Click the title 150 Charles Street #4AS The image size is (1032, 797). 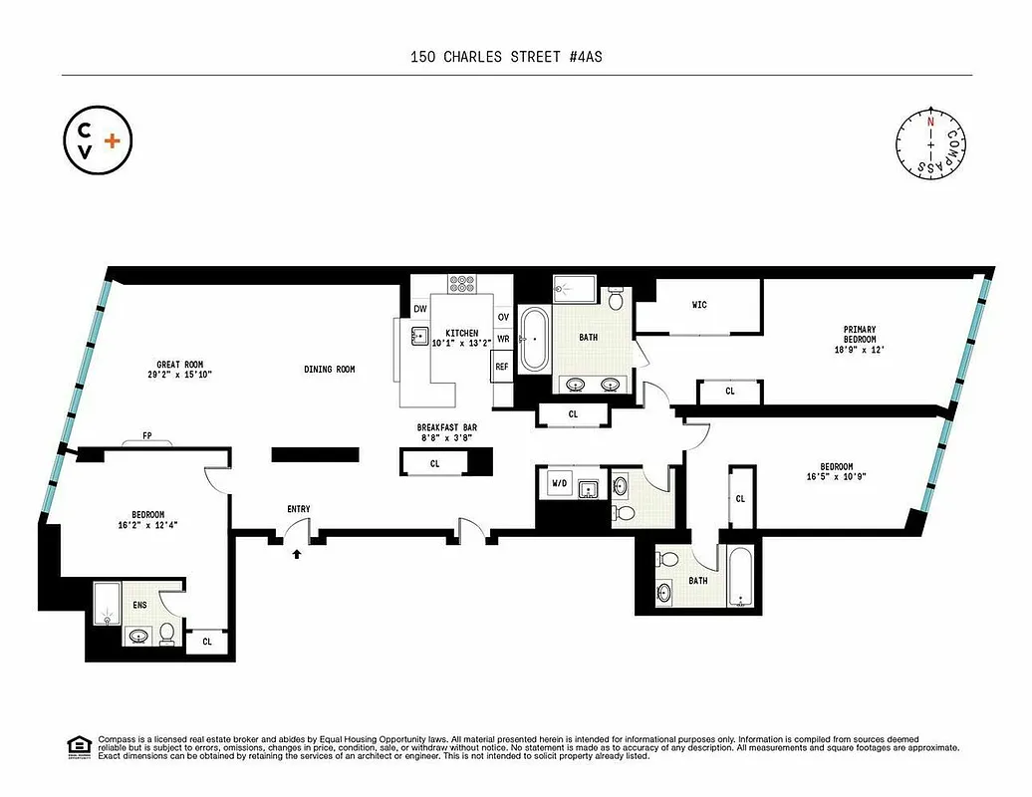(x=506, y=57)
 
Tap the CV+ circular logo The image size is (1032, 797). (x=96, y=142)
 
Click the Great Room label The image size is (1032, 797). (x=180, y=370)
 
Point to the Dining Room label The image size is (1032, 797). (x=330, y=370)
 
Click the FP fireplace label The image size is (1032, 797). (x=147, y=435)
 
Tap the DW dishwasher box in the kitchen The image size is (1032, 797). (x=420, y=309)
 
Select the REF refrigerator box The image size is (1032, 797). (x=502, y=367)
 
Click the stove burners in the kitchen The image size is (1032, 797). (x=462, y=284)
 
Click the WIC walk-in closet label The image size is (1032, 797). (x=699, y=305)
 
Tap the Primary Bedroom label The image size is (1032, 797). (x=859, y=335)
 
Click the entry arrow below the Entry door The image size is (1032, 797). (x=296, y=554)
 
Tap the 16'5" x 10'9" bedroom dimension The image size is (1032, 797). (x=836, y=477)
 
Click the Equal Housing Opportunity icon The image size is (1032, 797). (x=76, y=746)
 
